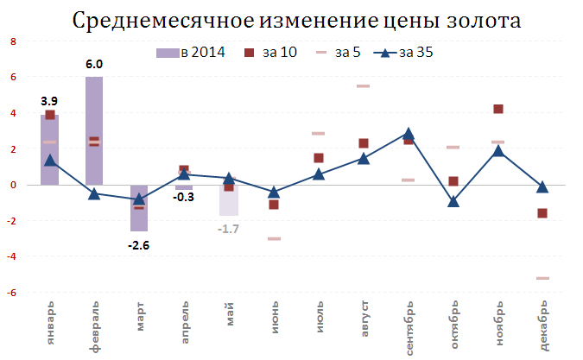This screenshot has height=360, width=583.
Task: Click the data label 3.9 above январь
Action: pyautogui.click(x=49, y=101)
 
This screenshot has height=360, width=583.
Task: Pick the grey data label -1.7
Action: pyautogui.click(x=229, y=229)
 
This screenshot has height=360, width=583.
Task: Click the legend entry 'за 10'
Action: pyautogui.click(x=269, y=54)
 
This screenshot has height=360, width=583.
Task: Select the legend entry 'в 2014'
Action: pyautogui.click(x=192, y=54)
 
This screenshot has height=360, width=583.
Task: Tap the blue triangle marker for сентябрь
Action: pyautogui.click(x=409, y=134)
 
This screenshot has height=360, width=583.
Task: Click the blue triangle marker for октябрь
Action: pyautogui.click(x=453, y=201)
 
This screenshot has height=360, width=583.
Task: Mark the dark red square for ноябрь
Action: pyautogui.click(x=498, y=109)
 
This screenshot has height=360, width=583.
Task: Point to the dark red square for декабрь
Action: pyautogui.click(x=542, y=213)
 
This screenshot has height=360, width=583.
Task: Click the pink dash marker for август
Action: pyautogui.click(x=364, y=86)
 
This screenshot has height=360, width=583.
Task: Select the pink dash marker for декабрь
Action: pyautogui.click(x=542, y=278)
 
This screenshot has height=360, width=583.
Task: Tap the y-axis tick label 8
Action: pyautogui.click(x=13, y=41)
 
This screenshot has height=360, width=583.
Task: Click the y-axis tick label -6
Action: pyautogui.click(x=11, y=293)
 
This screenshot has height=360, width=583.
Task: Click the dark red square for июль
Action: pyautogui.click(x=319, y=158)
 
